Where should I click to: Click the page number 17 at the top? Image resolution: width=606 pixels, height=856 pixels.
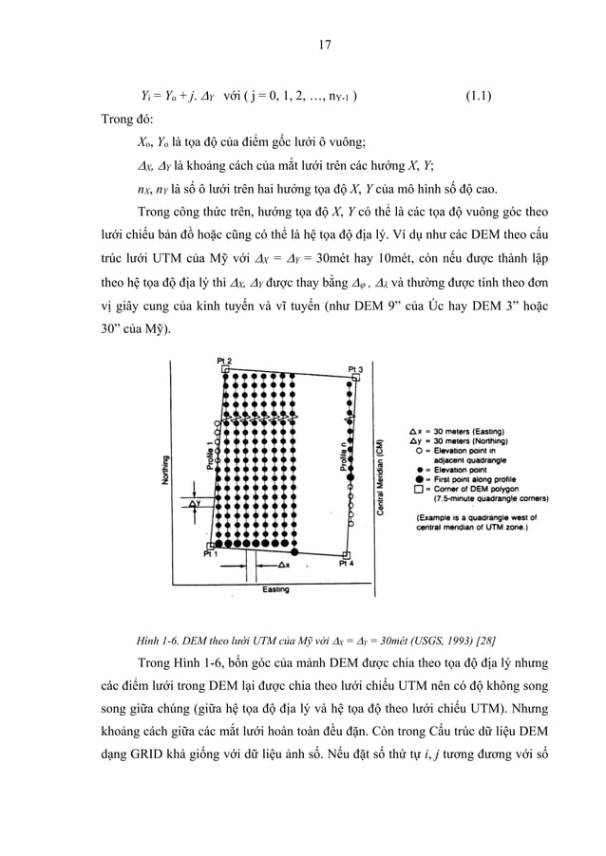click(303, 42)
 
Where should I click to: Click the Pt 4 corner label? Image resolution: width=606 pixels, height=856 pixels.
click(348, 562)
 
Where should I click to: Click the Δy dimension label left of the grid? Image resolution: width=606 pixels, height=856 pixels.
click(196, 504)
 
